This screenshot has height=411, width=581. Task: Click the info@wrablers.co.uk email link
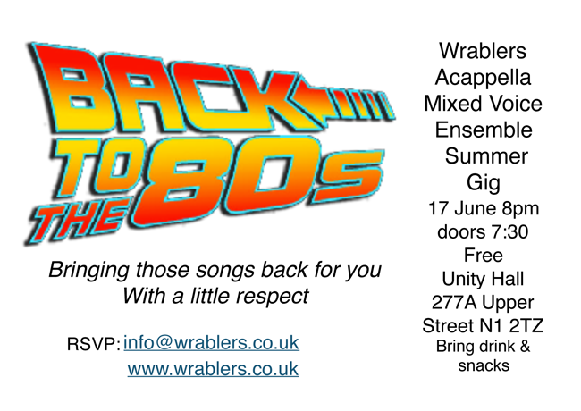coord(211,343)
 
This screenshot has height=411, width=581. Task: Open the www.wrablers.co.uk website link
coord(213,369)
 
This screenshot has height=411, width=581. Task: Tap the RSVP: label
coord(93,344)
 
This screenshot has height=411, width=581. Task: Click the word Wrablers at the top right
coord(483,50)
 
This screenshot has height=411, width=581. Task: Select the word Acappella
coord(483,78)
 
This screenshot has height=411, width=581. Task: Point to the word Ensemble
coord(484,130)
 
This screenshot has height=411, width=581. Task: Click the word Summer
coord(486,155)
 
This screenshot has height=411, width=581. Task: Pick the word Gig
coord(484,183)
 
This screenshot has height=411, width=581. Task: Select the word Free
coord(484,256)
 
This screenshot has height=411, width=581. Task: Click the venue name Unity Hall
coord(483,279)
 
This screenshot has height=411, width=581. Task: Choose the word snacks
coord(484,365)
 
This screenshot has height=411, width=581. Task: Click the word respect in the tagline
coord(272,297)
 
